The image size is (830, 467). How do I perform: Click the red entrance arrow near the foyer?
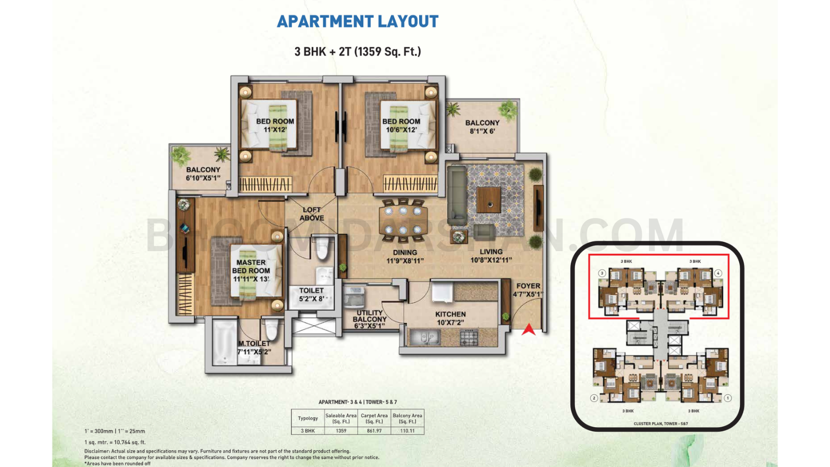click(x=528, y=329)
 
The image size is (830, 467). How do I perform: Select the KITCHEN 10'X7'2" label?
click(x=450, y=318)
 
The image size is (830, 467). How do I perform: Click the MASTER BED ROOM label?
click(x=251, y=270)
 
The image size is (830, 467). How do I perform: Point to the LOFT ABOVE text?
click(x=312, y=214)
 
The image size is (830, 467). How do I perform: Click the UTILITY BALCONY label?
click(x=370, y=319)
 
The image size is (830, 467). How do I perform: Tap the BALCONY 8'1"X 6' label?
click(x=482, y=127)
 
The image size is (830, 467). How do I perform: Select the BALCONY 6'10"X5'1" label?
click(x=203, y=173)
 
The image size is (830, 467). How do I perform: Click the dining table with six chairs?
click(x=403, y=220)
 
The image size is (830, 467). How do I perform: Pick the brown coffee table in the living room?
click(x=488, y=200)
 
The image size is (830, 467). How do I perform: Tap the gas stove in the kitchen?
click(x=469, y=338)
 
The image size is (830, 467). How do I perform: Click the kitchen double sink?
click(x=424, y=338)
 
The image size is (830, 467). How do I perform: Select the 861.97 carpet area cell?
click(x=374, y=431)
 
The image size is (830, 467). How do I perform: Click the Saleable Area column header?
click(x=341, y=418)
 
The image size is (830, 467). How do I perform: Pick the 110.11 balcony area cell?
click(x=407, y=431)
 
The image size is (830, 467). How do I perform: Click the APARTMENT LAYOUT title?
click(x=357, y=21)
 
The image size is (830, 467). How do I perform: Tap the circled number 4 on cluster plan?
click(x=718, y=273)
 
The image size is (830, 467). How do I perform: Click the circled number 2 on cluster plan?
click(x=594, y=398)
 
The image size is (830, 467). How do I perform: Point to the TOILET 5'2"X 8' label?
click(x=311, y=294)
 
